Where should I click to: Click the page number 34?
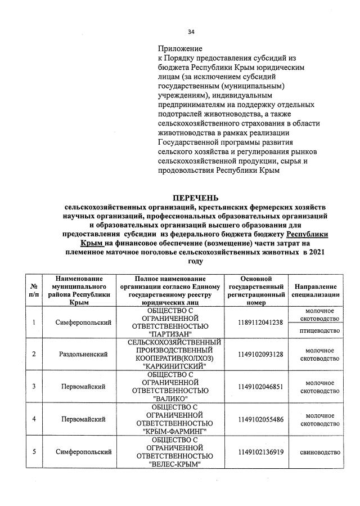(x=191, y=32)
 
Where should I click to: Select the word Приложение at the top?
(x=180, y=49)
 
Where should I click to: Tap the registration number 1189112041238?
(x=260, y=322)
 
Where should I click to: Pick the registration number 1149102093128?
(x=260, y=354)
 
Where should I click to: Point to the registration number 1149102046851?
(x=260, y=387)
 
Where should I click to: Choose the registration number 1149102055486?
(x=260, y=419)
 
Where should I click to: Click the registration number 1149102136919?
(x=260, y=452)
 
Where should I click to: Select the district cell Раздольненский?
(x=84, y=354)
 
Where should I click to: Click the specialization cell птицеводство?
(x=319, y=331)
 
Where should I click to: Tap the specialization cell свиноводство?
(x=319, y=452)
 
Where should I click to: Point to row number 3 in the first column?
(x=34, y=387)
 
